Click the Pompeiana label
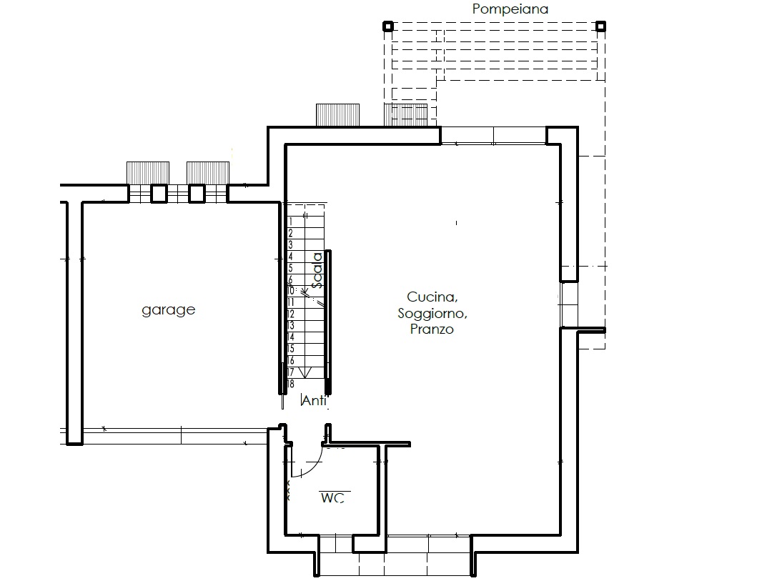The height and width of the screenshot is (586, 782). (x=510, y=9)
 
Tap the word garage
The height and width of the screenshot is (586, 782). (x=168, y=309)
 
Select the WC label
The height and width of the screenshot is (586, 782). (x=332, y=497)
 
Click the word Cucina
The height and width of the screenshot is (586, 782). (x=432, y=297)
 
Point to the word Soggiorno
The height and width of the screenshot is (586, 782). (x=432, y=313)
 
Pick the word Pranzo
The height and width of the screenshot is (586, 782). (x=432, y=329)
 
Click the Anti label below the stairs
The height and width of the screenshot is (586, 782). (x=315, y=400)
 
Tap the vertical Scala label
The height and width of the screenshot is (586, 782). (x=317, y=270)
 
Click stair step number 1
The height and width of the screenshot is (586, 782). (x=291, y=222)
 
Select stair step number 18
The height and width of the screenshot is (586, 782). (x=291, y=384)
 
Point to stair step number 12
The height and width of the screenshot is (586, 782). (x=291, y=314)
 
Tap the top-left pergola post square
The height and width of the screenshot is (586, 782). (x=388, y=26)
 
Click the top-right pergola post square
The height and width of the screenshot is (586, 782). (x=601, y=26)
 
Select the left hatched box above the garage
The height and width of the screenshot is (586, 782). (x=148, y=173)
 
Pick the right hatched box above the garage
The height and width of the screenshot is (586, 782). (x=208, y=173)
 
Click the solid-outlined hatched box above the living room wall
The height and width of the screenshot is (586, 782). (x=337, y=115)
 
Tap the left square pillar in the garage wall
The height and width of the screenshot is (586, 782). (x=159, y=194)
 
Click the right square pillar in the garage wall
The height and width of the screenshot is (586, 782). (x=197, y=194)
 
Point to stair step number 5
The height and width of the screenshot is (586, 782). (x=291, y=268)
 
